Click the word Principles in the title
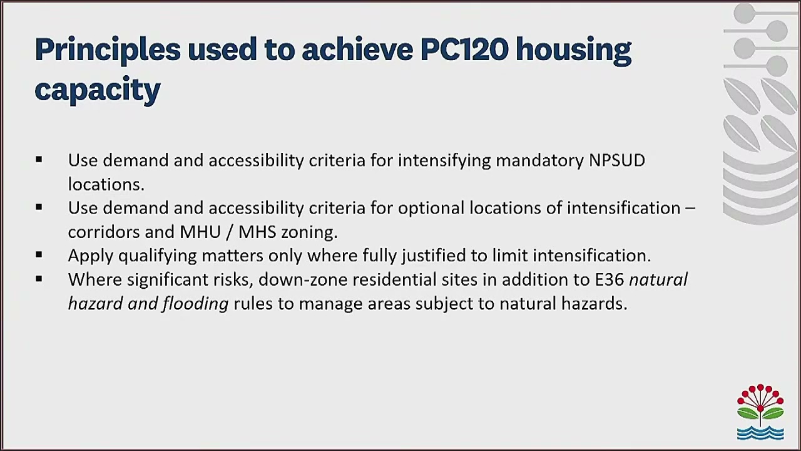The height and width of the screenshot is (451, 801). coord(107,49)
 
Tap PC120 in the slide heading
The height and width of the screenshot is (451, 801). coord(464,49)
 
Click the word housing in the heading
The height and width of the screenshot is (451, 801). coord(573,49)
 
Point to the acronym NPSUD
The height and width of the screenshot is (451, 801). coord(616,160)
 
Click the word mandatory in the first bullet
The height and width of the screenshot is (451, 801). coord(539,160)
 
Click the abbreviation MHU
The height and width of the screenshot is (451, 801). coord(200,232)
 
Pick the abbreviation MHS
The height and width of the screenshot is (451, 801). coord(257,232)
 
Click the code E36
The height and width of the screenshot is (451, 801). coord(609,279)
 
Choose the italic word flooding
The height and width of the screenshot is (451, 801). coord(195,304)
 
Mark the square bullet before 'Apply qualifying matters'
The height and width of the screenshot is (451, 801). coord(39,255)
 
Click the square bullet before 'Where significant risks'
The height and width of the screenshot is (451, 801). coord(39,279)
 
